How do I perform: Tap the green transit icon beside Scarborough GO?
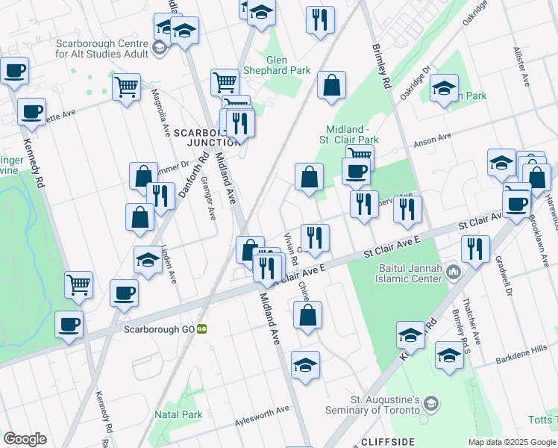pyautogui.click(x=201, y=329)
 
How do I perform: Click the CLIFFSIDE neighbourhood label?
pyautogui.click(x=387, y=441)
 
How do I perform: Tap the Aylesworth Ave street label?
pyautogui.click(x=262, y=410)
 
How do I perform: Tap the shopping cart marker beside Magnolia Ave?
pyautogui.click(x=126, y=86)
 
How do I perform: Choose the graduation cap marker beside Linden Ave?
pyautogui.click(x=147, y=261)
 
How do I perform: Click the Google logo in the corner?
pyautogui.click(x=25, y=439)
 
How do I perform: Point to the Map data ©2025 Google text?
pyautogui.click(x=511, y=442)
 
